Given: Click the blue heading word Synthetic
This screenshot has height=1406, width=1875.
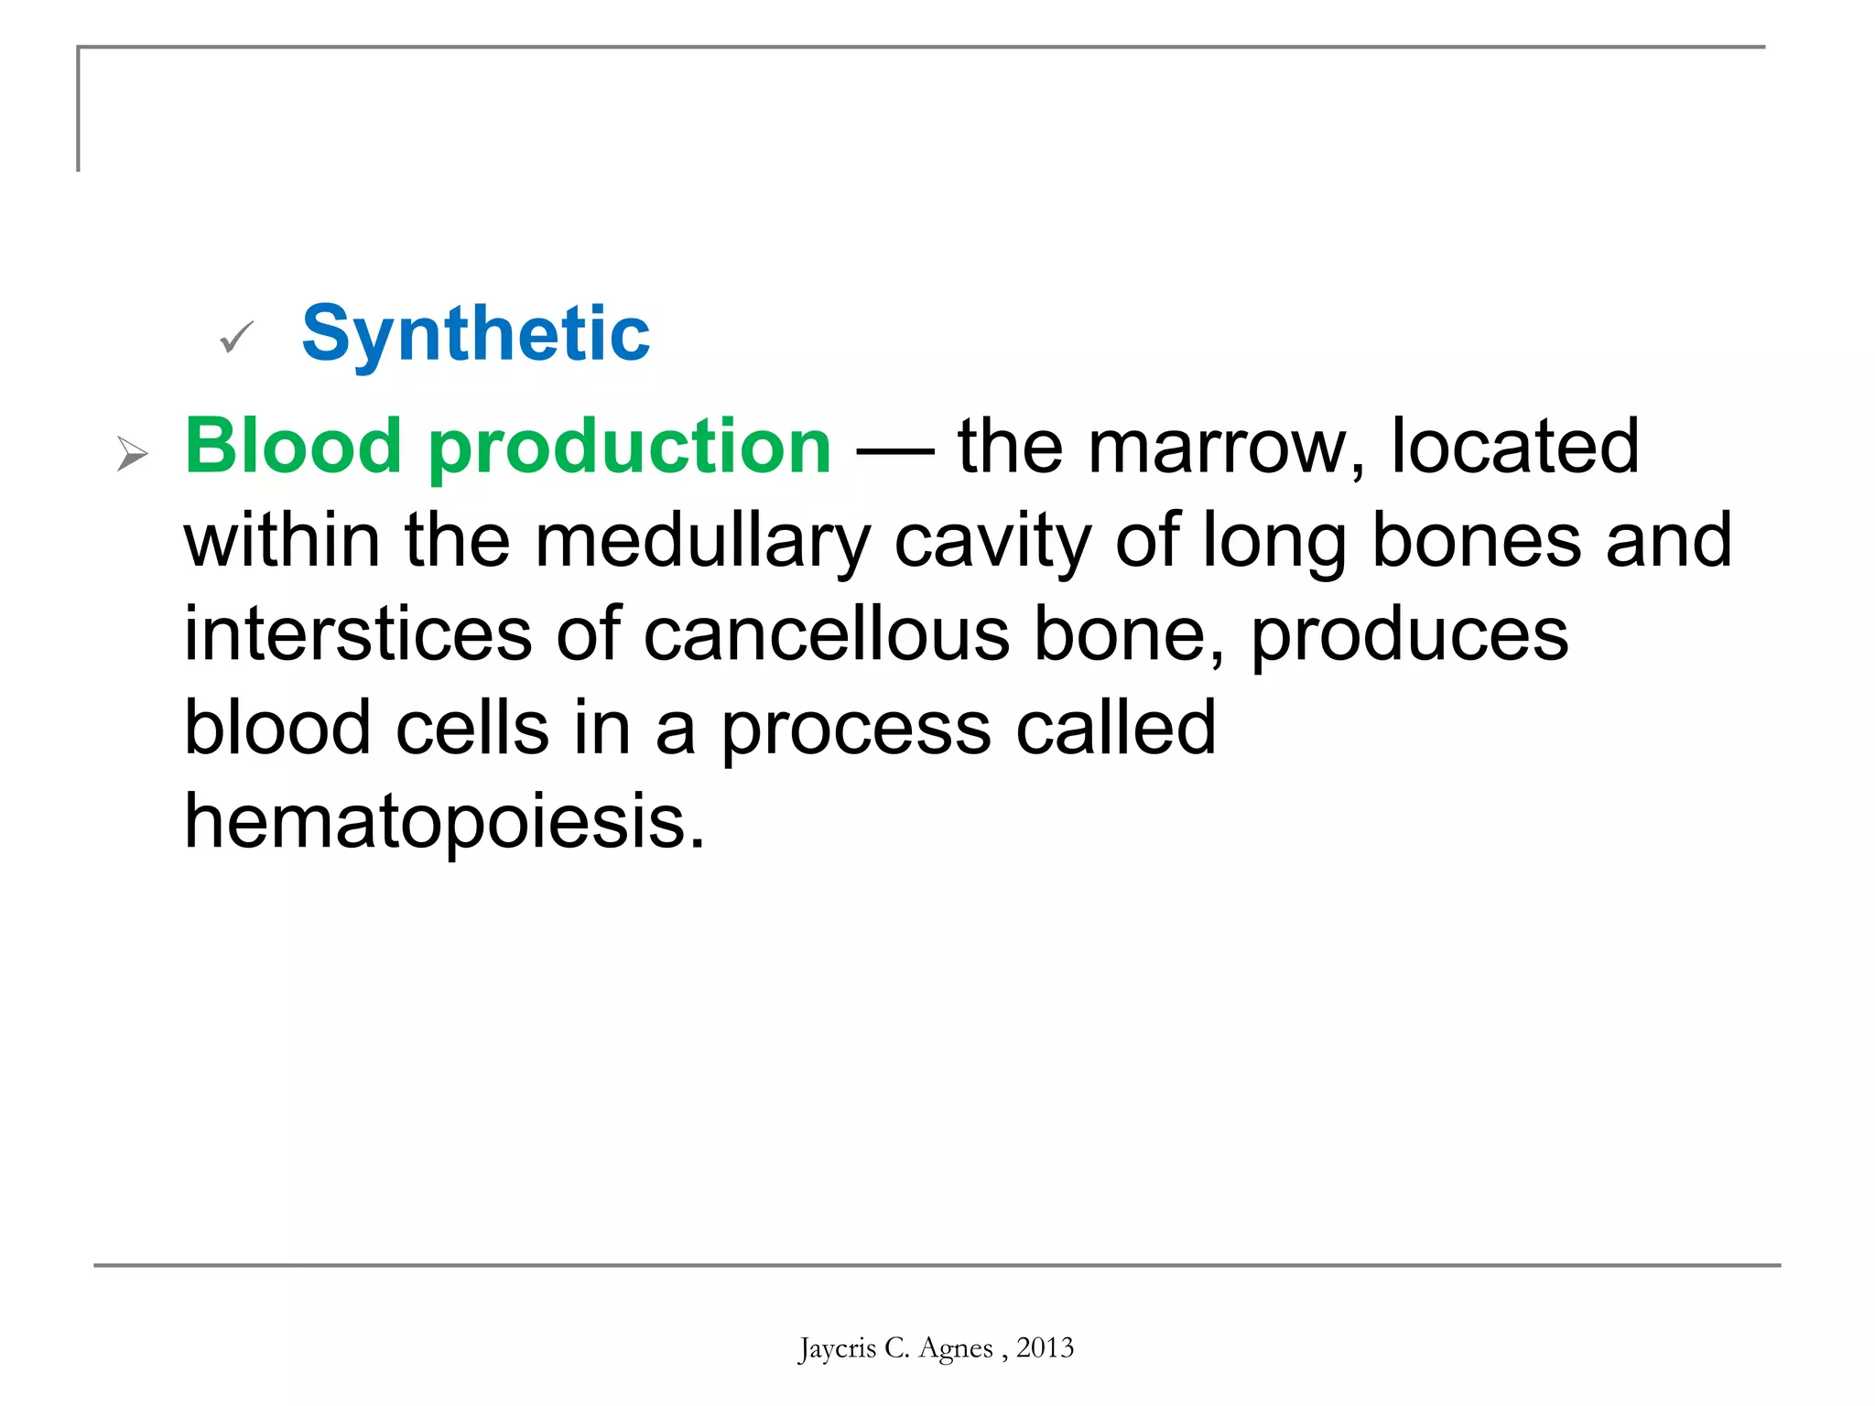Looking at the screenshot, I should pos(475,335).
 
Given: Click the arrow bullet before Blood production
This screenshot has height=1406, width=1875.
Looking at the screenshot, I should pos(132,454).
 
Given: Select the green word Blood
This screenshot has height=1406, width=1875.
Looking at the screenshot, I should pos(293,447).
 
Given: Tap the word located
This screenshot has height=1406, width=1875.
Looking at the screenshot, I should pos(1514,447).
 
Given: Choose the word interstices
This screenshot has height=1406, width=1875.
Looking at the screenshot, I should pos(358,634).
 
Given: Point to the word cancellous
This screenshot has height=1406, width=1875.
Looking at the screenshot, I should pos(826,634).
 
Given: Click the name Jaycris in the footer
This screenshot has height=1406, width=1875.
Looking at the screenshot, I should pos(837,1348).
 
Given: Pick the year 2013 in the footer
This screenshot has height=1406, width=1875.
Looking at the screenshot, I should pos(1045,1347).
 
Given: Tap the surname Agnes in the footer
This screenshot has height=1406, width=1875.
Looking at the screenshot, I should pos(955,1349).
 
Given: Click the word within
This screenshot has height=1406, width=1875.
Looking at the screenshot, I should pos(282,540).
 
